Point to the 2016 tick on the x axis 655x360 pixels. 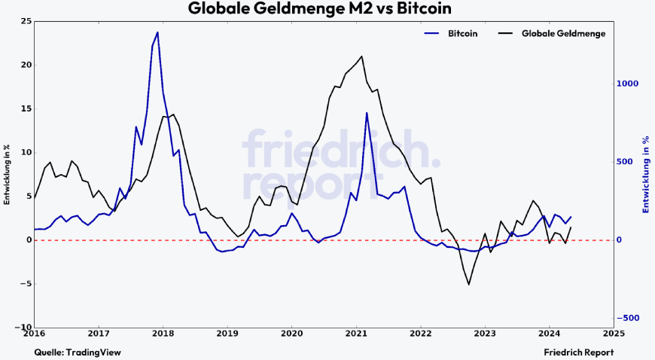(34, 333)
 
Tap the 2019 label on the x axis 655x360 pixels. (227, 333)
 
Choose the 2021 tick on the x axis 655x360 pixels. (356, 333)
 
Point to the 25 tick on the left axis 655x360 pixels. (26, 20)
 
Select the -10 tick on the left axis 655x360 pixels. (23, 328)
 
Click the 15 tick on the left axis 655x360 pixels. (26, 108)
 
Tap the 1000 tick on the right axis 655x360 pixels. (628, 84)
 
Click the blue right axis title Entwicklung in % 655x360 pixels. (646, 174)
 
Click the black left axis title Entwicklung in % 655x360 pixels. (7, 174)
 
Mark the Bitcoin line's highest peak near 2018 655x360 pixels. (157, 32)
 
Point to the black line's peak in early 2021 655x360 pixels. (362, 56)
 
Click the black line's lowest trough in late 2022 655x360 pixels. (469, 285)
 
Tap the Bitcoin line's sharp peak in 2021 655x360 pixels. (367, 113)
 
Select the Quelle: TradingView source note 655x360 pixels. (78, 352)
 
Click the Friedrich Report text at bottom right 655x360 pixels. (578, 352)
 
